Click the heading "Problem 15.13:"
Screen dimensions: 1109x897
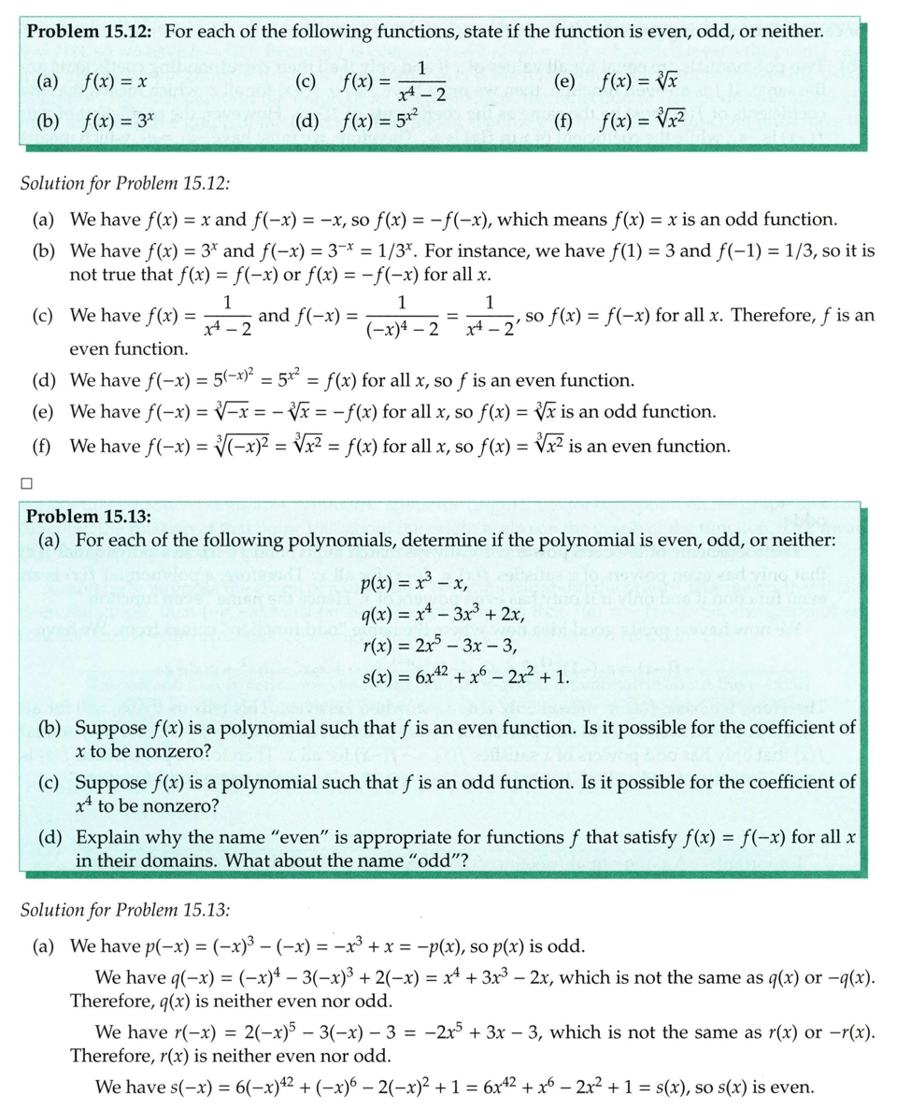[x=85, y=517]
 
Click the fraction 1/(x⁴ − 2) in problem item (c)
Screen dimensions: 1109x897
[x=422, y=81]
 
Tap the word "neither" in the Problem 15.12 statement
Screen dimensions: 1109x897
[x=792, y=32]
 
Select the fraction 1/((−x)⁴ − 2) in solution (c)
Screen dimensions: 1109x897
[x=402, y=315]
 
